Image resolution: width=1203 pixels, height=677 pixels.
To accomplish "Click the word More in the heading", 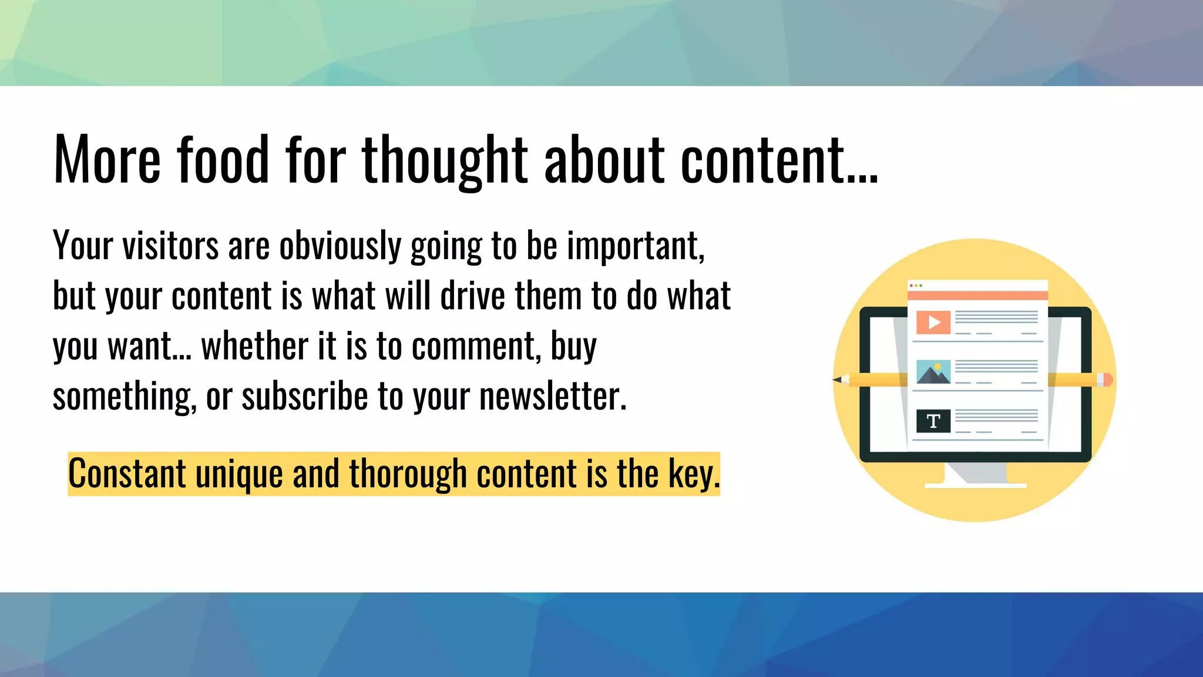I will (x=107, y=159).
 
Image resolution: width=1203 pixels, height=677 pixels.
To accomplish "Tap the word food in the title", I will (x=223, y=159).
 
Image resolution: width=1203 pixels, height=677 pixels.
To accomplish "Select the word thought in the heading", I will (x=445, y=159).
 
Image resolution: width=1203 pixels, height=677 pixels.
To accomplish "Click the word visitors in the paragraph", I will (x=170, y=246).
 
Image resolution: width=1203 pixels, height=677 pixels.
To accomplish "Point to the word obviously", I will (x=340, y=246).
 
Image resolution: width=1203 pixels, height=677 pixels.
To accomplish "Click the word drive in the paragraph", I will (x=472, y=296).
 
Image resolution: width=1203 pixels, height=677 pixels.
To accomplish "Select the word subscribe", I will (x=305, y=397).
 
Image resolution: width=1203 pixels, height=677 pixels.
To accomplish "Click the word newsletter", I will (x=553, y=397).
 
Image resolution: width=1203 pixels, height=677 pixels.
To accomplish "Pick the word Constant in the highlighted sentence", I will (x=127, y=474).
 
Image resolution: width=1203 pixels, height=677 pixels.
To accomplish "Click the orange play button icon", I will (x=933, y=323).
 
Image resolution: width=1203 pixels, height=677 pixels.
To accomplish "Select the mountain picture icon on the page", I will (x=933, y=373).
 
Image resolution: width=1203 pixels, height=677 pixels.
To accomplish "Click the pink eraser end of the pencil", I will (x=1107, y=380).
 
